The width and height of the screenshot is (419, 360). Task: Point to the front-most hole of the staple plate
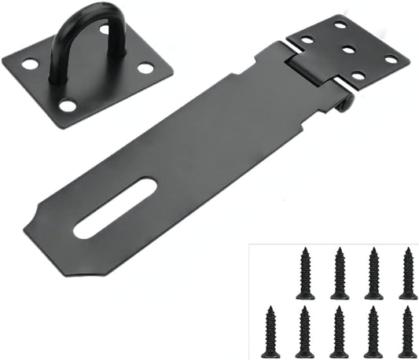(x=68, y=105)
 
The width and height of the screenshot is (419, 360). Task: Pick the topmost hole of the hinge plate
(x=340, y=24)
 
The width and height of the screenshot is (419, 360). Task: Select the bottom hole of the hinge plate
(x=358, y=76)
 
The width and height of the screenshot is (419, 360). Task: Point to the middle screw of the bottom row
(x=339, y=332)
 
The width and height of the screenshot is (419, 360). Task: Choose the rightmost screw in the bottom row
(x=406, y=332)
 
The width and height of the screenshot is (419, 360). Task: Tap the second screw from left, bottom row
(x=305, y=332)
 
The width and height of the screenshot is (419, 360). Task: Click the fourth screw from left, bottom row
(x=373, y=332)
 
